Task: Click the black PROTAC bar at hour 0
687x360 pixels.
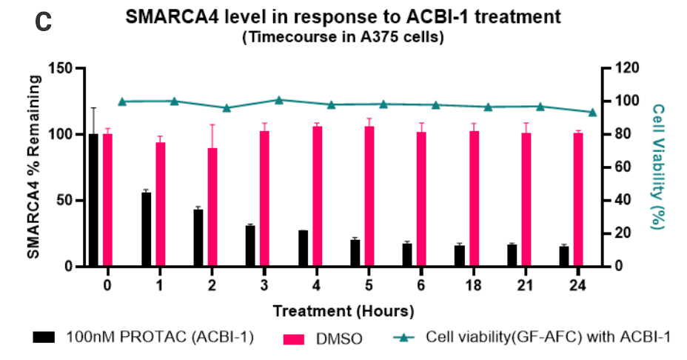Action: [x=93, y=200]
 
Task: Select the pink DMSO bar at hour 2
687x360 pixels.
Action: [x=212, y=207]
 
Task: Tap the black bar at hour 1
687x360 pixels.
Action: [x=146, y=229]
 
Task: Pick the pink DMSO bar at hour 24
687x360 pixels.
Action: [x=578, y=199]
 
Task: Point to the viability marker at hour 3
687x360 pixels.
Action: [x=278, y=100]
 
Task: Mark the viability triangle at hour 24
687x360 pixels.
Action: [x=592, y=112]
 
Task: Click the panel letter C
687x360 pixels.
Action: [x=43, y=22]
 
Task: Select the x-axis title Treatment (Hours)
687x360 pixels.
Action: [x=343, y=310]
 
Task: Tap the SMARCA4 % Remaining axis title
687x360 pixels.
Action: [x=34, y=167]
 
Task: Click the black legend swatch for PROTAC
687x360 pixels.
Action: [x=44, y=338]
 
